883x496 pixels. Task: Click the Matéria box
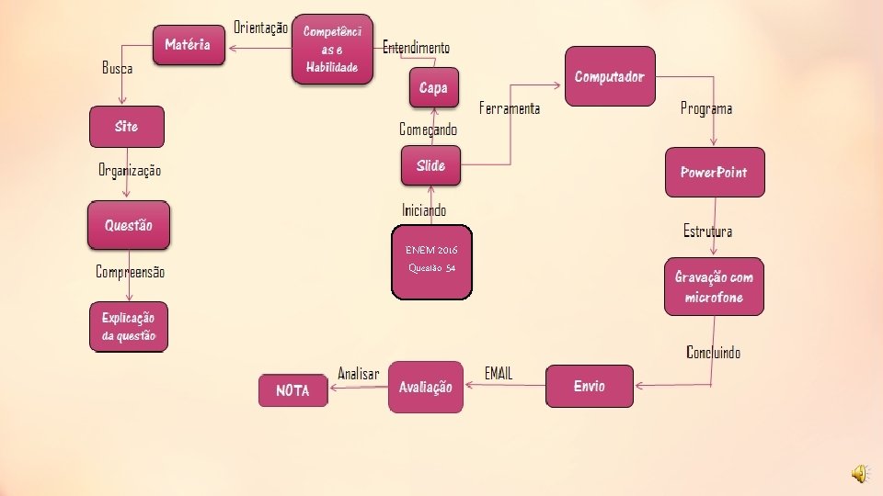[x=189, y=44]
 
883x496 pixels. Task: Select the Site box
[x=127, y=127]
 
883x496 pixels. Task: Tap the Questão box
[x=129, y=225]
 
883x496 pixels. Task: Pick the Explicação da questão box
[x=129, y=326]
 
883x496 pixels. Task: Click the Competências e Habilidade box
[x=333, y=50]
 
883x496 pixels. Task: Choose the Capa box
[x=433, y=87]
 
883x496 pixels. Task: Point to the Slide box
[x=430, y=165]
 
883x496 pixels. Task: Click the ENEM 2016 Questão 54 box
[x=431, y=262]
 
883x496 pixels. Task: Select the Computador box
[x=610, y=76]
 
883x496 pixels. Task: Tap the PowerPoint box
[x=714, y=173]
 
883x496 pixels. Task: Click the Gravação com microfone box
[x=714, y=287]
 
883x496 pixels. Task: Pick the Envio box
[x=590, y=386]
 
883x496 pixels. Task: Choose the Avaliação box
[x=425, y=387]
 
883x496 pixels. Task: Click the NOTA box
[x=293, y=390]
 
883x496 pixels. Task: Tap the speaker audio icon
[x=858, y=473]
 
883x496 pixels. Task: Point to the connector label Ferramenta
[x=510, y=109]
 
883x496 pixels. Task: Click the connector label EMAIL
[x=499, y=373]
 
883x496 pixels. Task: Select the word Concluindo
[x=713, y=352]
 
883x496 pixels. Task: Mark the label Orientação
[x=260, y=28]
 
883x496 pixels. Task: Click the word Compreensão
[x=131, y=272]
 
